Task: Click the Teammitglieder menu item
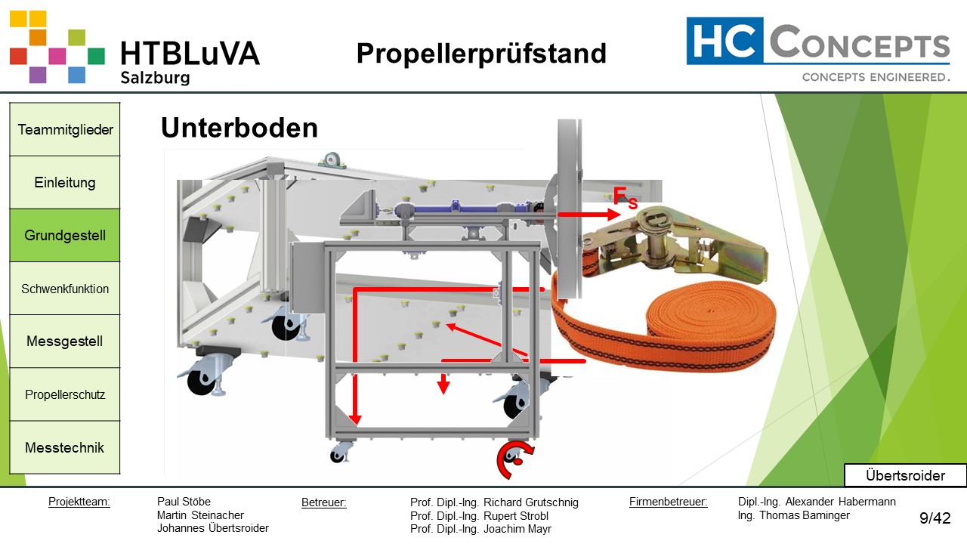[65, 129]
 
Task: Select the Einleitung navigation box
[65, 182]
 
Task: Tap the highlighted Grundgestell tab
[65, 235]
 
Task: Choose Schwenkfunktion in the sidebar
[65, 289]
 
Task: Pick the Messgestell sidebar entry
[65, 342]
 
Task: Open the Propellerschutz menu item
[65, 394]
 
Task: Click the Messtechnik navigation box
[65, 447]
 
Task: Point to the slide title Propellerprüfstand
[481, 54]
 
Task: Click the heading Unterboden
[239, 128]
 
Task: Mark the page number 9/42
[935, 518]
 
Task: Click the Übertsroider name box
[905, 476]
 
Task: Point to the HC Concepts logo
[817, 50]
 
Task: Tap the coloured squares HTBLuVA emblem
[57, 47]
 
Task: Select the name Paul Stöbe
[184, 502]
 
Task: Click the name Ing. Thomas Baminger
[793, 515]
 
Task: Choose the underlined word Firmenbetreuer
[668, 502]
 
